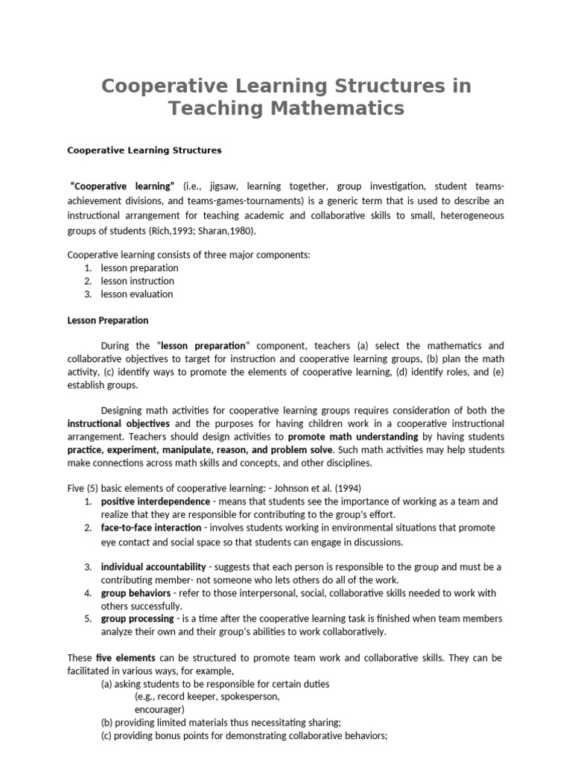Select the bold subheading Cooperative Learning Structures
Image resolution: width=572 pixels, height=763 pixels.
click(x=144, y=150)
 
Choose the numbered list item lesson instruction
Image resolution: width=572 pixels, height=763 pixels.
click(x=138, y=281)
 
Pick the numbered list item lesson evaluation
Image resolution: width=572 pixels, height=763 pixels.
click(x=137, y=294)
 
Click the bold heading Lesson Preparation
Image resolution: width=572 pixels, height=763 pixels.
click(x=108, y=320)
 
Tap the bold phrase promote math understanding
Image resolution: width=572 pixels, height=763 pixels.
click(x=352, y=437)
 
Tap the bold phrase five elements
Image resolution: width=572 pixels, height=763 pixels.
click(x=126, y=658)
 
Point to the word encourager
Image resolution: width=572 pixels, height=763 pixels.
click(x=159, y=709)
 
